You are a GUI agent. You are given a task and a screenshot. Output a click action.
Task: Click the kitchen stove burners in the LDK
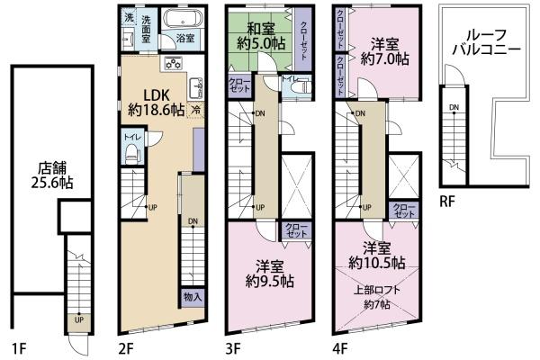click(173, 64)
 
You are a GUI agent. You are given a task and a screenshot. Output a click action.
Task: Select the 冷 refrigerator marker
click(195, 108)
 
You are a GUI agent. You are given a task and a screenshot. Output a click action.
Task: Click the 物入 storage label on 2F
click(193, 296)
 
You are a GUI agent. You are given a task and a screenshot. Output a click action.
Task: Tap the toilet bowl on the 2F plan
click(130, 154)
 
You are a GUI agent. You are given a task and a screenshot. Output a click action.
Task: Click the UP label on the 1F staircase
click(80, 319)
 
